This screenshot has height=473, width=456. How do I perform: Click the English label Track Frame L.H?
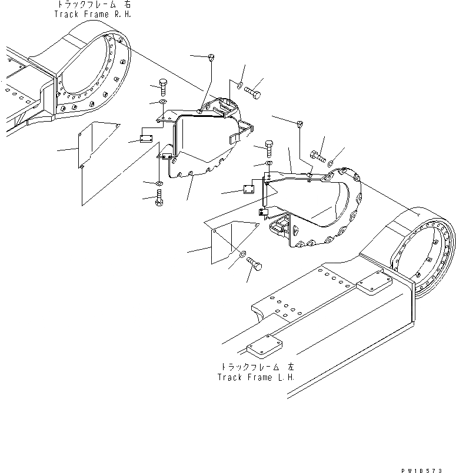coord(256,377)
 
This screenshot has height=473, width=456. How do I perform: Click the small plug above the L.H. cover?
coord(301,123)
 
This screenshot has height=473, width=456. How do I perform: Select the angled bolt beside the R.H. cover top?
coord(253,93)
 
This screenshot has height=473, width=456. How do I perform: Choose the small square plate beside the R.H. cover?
coord(146,139)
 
